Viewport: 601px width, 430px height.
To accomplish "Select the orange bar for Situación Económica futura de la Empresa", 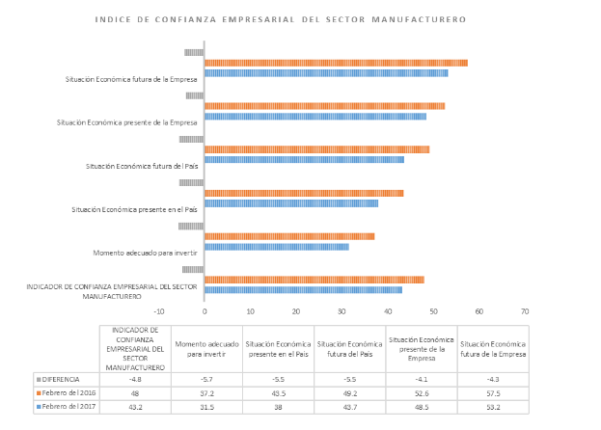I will pos(336,63).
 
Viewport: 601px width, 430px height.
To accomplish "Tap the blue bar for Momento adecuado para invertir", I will pos(277,247).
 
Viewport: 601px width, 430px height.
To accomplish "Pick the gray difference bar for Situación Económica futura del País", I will pos(191,139).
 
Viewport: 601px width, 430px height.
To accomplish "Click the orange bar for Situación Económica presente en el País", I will pos(304,193).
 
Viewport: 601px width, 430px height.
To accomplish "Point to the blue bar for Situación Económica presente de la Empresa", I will pos(315,117).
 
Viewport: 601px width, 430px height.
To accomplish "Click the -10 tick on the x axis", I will pos(159,311).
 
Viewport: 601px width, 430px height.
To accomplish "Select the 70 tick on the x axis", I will pos(525,311).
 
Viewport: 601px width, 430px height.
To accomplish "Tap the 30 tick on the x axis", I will pos(342,311).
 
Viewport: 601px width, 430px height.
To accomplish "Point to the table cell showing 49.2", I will pos(349,393).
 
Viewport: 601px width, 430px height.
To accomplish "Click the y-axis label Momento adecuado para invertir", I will pos(146,253).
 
